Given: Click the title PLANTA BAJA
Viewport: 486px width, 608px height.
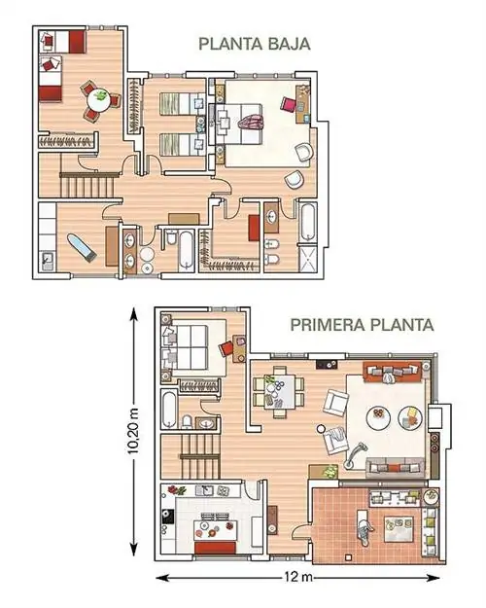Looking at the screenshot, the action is (x=255, y=44).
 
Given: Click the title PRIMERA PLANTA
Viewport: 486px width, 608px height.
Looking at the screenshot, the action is (x=362, y=325).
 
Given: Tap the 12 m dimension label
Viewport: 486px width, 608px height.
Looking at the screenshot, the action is (x=297, y=577).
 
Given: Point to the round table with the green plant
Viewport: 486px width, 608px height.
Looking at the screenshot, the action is (x=99, y=100).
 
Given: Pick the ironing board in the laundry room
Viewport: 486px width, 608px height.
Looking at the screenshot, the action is (x=82, y=247).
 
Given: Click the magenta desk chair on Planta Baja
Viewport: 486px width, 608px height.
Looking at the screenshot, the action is (x=289, y=104).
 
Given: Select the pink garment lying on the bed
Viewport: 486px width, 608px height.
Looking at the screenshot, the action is (x=251, y=124).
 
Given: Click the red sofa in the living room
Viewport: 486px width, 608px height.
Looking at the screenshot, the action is (x=392, y=372).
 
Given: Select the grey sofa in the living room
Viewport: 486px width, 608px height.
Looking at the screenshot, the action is (x=395, y=468).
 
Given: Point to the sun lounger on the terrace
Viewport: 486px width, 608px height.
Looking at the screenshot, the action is (x=364, y=527).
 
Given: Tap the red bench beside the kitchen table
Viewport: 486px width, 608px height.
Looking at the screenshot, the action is (x=215, y=549).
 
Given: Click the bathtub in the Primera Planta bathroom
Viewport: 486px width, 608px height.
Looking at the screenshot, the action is (x=169, y=410).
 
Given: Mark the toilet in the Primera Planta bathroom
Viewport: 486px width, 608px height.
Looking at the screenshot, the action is (x=187, y=422).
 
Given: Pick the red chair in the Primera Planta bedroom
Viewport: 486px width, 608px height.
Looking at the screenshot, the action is (x=226, y=348).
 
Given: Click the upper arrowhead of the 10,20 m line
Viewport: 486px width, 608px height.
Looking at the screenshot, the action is (x=133, y=313).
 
